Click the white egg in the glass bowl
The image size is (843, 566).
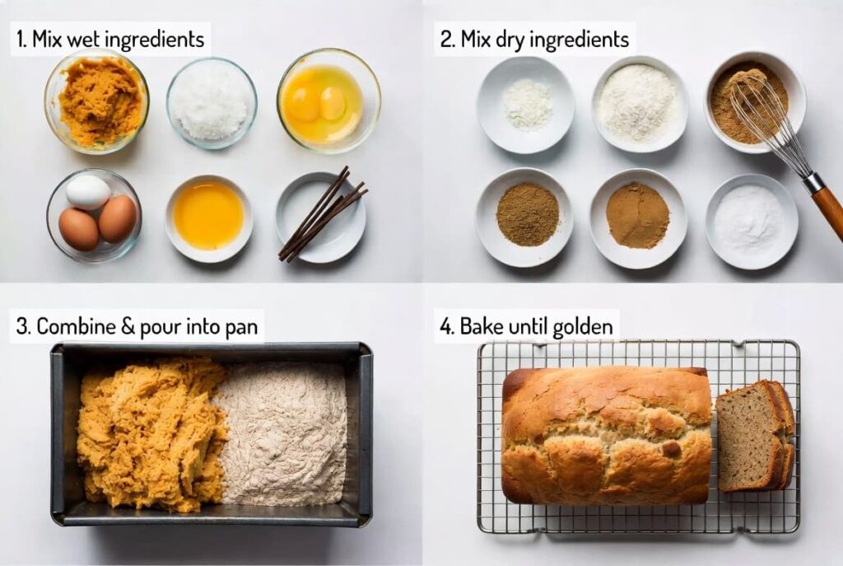(x=87, y=192)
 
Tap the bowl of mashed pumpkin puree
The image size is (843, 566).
(x=98, y=101)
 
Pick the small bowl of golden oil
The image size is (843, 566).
(x=208, y=215)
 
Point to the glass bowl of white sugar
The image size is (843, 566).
(x=212, y=101)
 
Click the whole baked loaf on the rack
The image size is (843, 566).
(x=606, y=434)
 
